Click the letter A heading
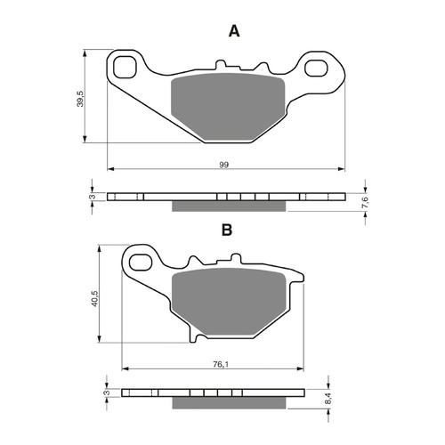(x=234, y=31)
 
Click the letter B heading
(x=227, y=230)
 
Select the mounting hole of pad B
(x=140, y=260)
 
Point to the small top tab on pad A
(x=221, y=65)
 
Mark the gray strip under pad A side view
(x=229, y=206)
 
